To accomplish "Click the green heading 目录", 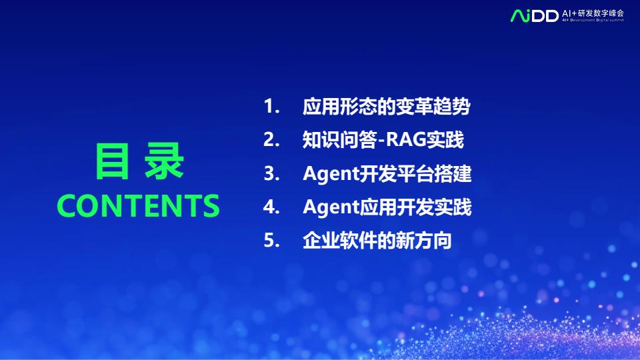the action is [139, 161].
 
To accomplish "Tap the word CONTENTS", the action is [139, 205].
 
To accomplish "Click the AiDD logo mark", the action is [534, 15].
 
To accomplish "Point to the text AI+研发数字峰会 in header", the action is [593, 13].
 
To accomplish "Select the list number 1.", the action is [271, 107].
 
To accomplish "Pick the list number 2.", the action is [271, 140].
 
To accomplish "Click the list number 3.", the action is [271, 173].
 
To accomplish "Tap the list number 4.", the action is [271, 207].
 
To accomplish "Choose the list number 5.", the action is [271, 241].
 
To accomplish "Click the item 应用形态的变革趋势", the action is [387, 107].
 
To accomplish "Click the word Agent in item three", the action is [331, 174].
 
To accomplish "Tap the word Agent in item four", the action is [331, 207].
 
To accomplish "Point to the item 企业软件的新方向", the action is [377, 241].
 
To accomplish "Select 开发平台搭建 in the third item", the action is [415, 173].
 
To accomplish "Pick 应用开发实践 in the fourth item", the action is [415, 207].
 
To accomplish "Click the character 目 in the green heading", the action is [112, 161].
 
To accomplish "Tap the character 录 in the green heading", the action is [165, 161].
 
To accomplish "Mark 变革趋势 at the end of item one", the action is [433, 107].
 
